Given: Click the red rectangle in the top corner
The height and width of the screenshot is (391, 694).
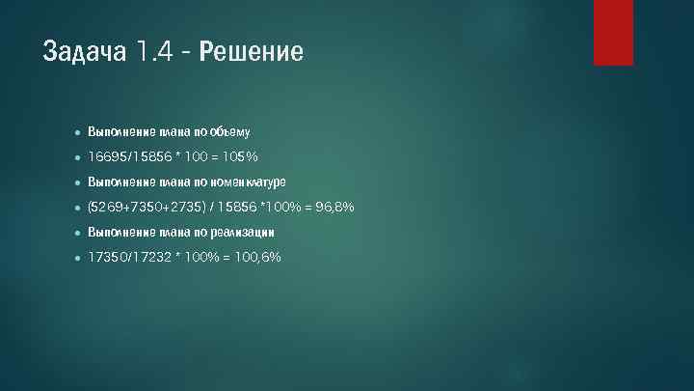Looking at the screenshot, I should [613, 32].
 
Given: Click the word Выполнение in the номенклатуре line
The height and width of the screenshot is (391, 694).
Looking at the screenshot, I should [115, 181].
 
